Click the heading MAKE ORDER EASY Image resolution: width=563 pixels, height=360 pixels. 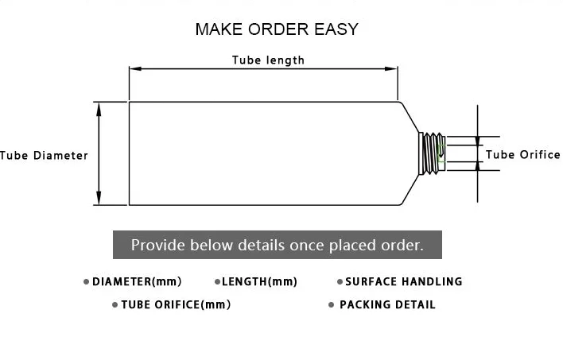pos(277,29)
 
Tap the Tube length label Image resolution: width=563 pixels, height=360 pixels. pos(268,60)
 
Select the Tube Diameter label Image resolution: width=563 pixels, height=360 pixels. pos(44,155)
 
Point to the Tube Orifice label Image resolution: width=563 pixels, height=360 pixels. pos(522,154)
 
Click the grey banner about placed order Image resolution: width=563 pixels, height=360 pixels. pos(277,245)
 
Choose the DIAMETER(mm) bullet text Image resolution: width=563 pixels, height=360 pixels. pos(137,281)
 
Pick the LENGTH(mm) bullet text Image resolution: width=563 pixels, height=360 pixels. pos(259,281)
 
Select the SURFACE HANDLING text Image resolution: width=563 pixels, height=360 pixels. pos(403,281)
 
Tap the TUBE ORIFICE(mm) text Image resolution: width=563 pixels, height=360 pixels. pos(176,304)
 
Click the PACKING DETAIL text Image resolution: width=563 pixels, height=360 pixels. pos(387,304)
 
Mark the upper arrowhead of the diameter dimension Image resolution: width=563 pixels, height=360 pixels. pos(99,106)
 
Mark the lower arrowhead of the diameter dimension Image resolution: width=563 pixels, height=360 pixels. pos(99,201)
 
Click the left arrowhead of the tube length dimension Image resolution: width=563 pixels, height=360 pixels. pos(134,69)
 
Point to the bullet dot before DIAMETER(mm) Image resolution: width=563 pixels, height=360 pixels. pos(86,282)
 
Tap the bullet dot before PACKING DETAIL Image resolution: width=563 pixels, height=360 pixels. pos(331,305)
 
